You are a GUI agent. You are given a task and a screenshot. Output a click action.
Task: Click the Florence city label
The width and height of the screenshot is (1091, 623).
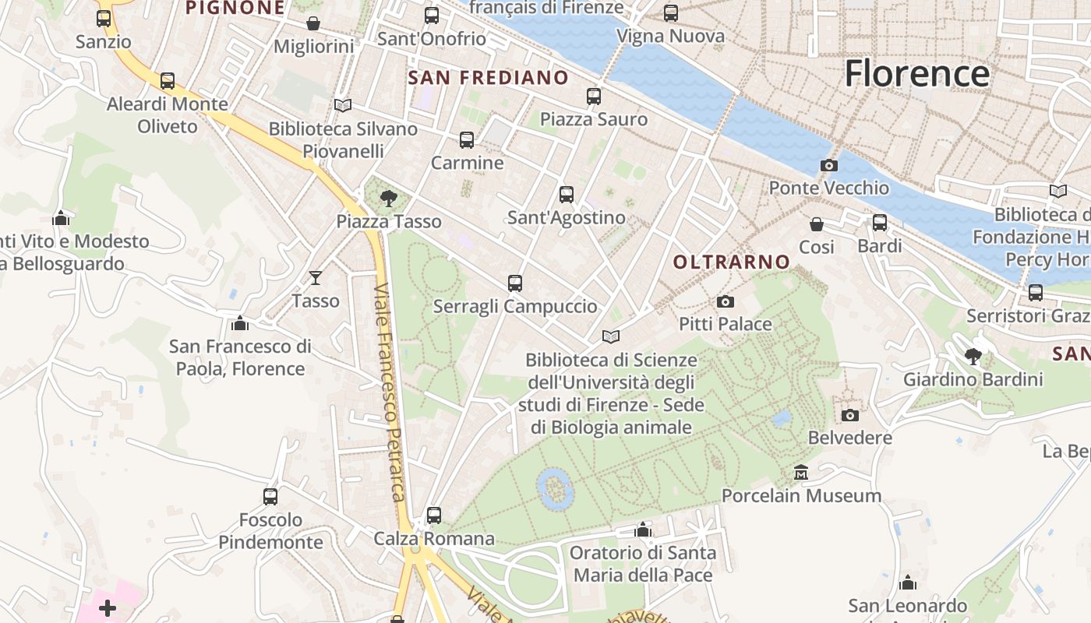[917, 73]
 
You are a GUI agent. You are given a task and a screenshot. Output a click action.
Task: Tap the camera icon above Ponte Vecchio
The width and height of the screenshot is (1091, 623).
[829, 165]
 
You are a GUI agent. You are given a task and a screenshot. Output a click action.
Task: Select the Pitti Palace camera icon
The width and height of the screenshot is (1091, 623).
[726, 301]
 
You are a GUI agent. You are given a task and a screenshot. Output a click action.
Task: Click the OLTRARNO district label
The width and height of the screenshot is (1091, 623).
[732, 262]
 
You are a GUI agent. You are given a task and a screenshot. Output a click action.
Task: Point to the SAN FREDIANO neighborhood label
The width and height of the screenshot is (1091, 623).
[489, 78]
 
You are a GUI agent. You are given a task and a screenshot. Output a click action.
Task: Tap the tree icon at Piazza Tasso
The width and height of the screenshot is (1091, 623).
[388, 199]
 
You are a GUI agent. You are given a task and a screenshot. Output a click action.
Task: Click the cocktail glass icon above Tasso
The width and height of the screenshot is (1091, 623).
[316, 278]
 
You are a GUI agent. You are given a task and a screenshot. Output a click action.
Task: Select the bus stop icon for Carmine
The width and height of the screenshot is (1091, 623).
[467, 140]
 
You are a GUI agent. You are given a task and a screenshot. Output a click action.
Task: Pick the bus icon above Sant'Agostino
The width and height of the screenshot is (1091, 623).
[567, 195]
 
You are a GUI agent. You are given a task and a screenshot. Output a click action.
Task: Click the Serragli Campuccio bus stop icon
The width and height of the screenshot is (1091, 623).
[515, 283]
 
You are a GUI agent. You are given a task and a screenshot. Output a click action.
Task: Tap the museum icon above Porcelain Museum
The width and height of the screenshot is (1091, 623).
[800, 473]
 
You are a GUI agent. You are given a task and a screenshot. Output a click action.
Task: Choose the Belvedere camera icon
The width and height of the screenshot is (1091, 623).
[850, 415]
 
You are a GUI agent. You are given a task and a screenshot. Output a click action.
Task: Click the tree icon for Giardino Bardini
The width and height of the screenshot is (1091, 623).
[973, 357]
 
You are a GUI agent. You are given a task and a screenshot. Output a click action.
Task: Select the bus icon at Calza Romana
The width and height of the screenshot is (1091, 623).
[434, 516]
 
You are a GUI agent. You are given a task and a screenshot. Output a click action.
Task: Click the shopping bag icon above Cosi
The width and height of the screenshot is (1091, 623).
[817, 224]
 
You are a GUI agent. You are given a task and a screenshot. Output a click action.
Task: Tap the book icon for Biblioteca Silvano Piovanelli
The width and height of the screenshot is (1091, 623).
[343, 105]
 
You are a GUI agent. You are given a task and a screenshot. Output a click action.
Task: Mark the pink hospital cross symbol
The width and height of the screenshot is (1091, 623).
[108, 607]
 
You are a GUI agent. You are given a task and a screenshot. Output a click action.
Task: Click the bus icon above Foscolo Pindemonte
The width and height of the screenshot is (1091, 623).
[270, 496]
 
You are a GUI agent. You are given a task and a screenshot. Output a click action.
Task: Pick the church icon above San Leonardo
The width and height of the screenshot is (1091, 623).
[907, 583]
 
